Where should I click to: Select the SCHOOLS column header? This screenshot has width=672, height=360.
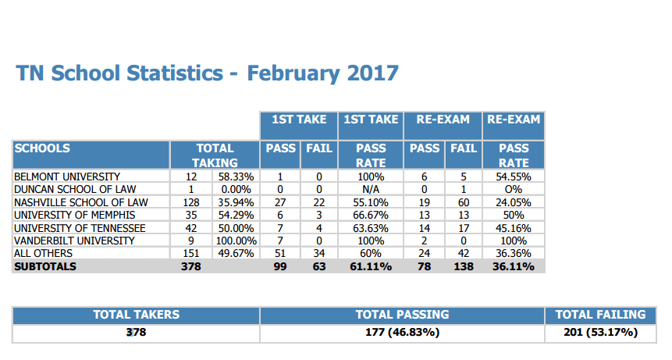(x=42, y=148)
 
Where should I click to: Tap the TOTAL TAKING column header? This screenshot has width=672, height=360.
(x=215, y=155)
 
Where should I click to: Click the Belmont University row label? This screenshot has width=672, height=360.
(x=67, y=176)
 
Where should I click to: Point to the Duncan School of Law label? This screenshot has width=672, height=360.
(x=75, y=189)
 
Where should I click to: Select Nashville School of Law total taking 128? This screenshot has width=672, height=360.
(x=191, y=202)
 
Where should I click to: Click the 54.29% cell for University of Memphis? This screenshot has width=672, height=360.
(x=236, y=215)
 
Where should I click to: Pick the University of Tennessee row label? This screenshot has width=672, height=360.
(x=80, y=228)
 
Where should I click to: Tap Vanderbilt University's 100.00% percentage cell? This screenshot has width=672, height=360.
(x=236, y=241)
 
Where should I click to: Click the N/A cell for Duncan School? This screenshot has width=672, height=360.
(x=371, y=189)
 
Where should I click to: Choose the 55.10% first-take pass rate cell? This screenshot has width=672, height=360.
(x=371, y=202)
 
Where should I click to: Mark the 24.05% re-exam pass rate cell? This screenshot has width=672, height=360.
(x=514, y=202)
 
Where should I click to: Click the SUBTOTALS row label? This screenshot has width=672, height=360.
(x=45, y=266)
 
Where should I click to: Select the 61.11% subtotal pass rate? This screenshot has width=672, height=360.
(x=371, y=266)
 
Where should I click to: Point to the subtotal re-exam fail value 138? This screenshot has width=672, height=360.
(x=464, y=266)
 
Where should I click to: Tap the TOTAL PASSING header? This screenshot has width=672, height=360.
(x=402, y=315)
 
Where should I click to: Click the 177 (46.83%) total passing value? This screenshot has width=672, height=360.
(x=402, y=332)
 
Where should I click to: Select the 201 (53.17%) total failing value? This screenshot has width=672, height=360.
(x=600, y=332)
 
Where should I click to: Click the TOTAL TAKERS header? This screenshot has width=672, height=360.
(x=137, y=315)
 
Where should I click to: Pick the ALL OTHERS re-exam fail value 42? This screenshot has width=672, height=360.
(x=464, y=253)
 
